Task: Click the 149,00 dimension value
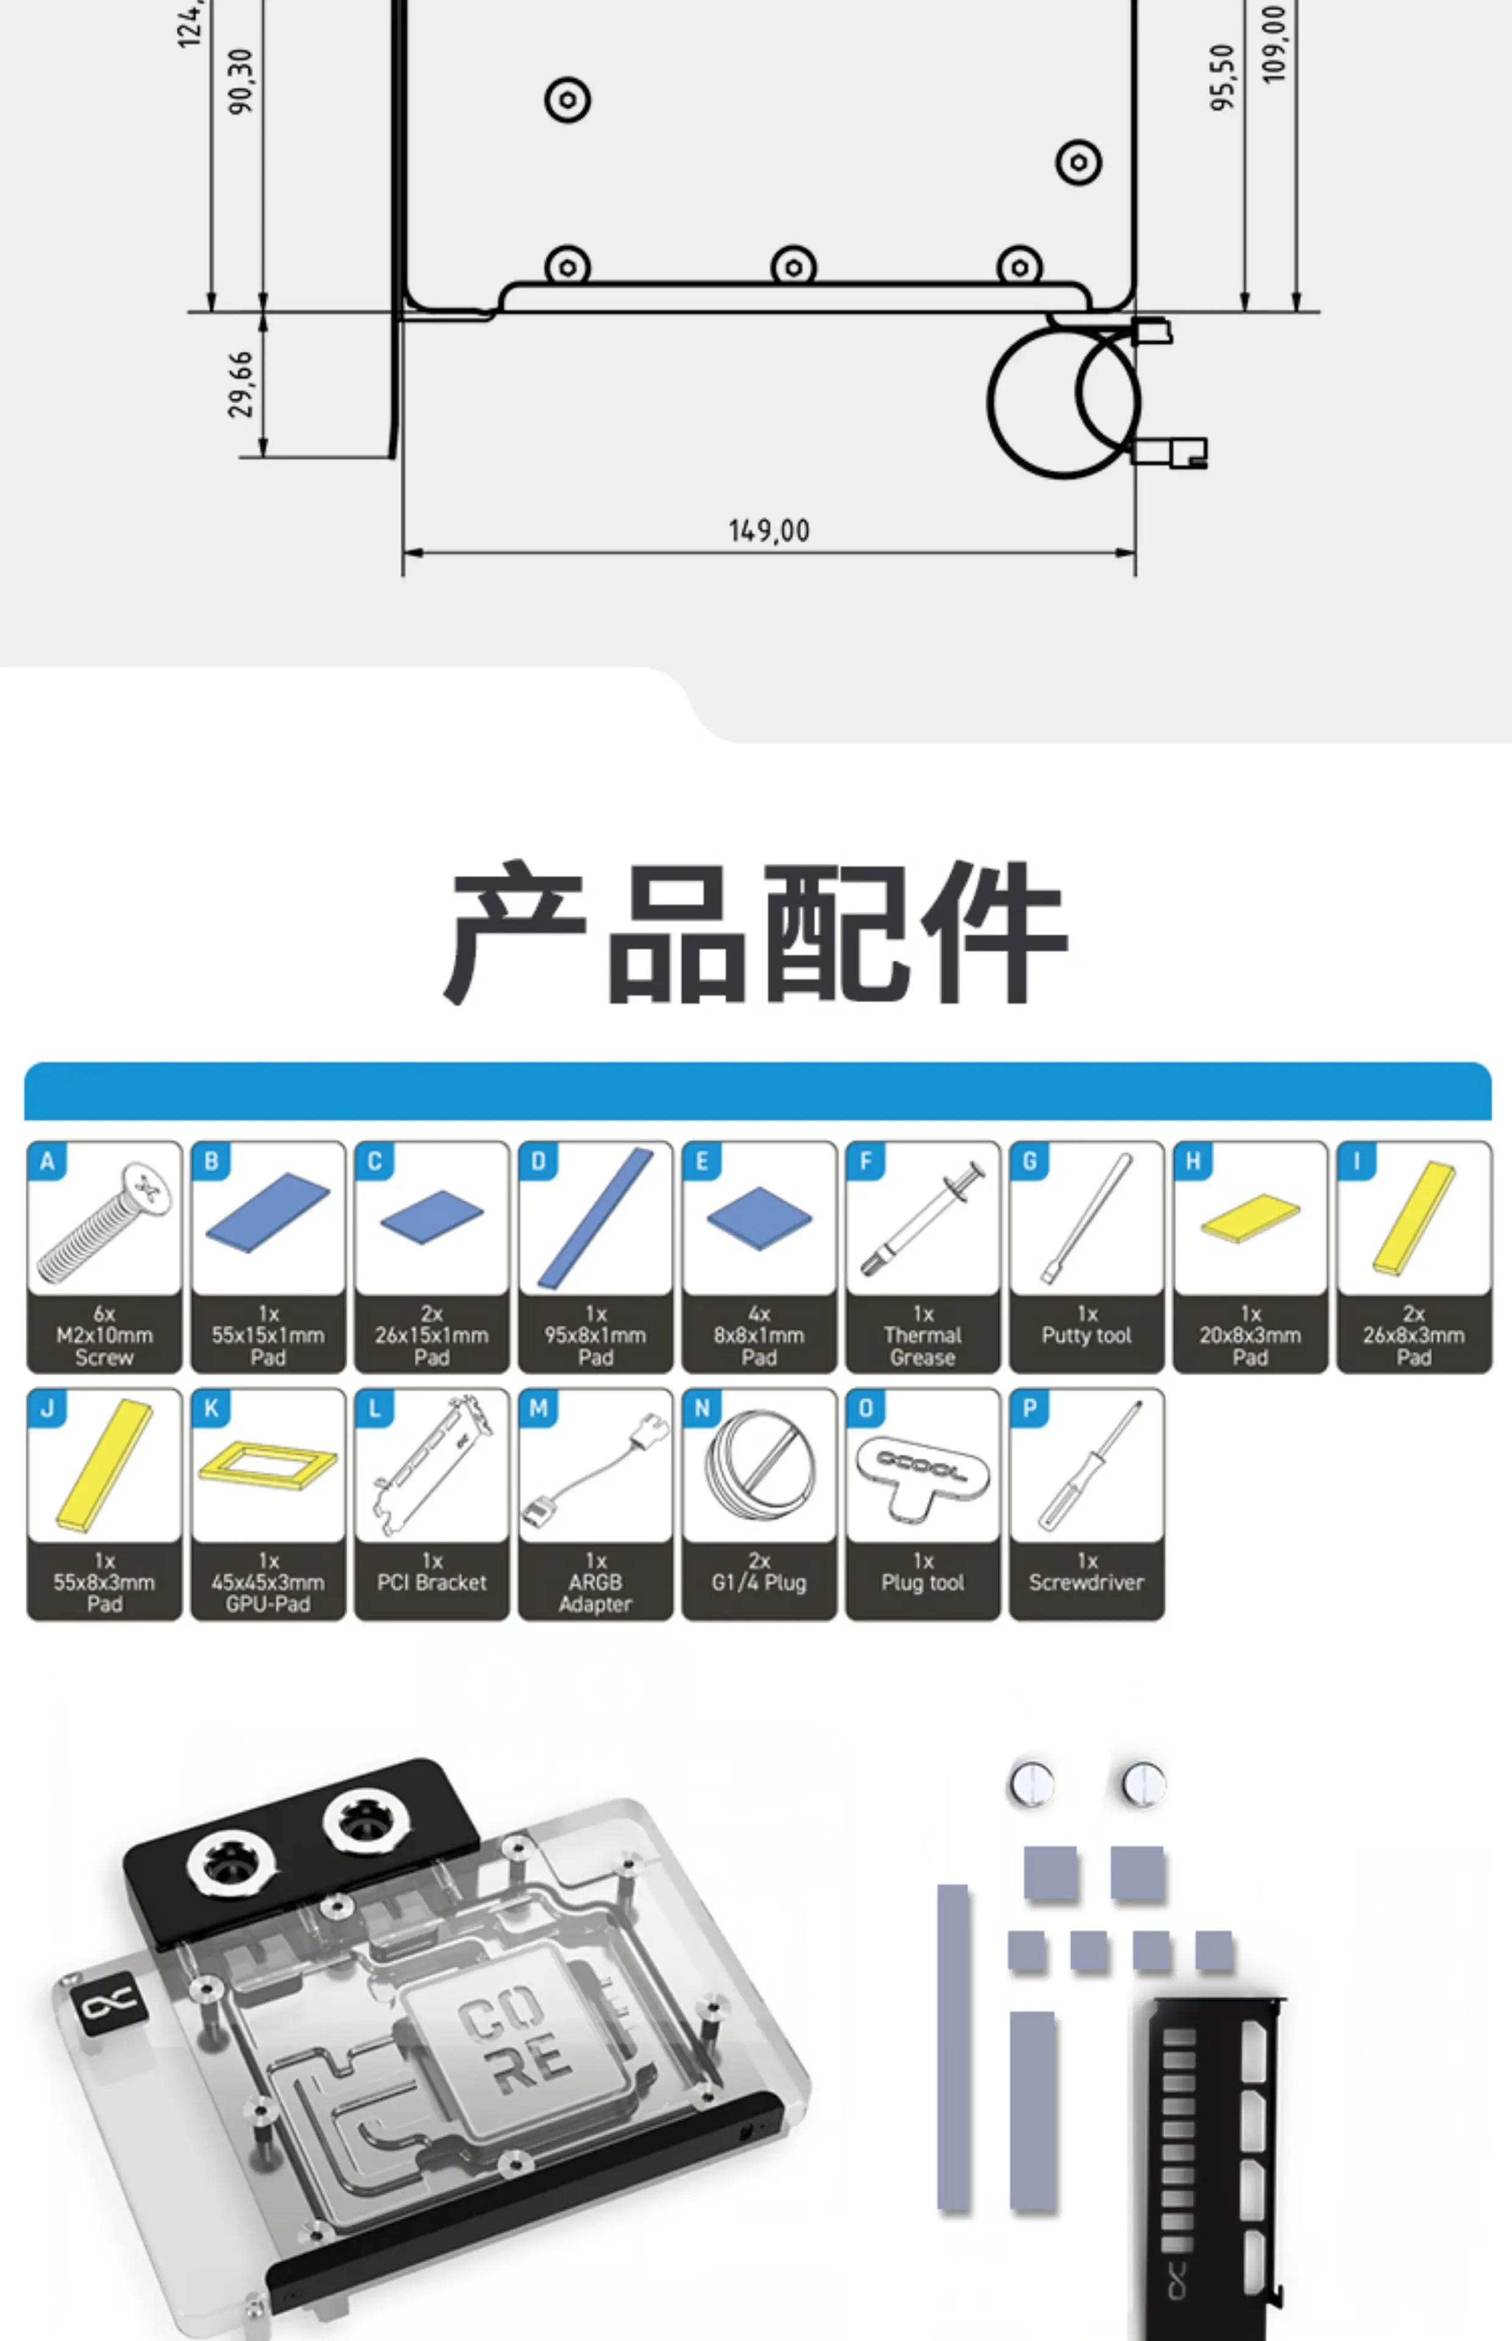[x=769, y=531]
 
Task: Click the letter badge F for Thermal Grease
[x=865, y=1161]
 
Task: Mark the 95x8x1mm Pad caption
[x=595, y=1335]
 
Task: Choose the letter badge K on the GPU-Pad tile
[x=211, y=1408]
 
